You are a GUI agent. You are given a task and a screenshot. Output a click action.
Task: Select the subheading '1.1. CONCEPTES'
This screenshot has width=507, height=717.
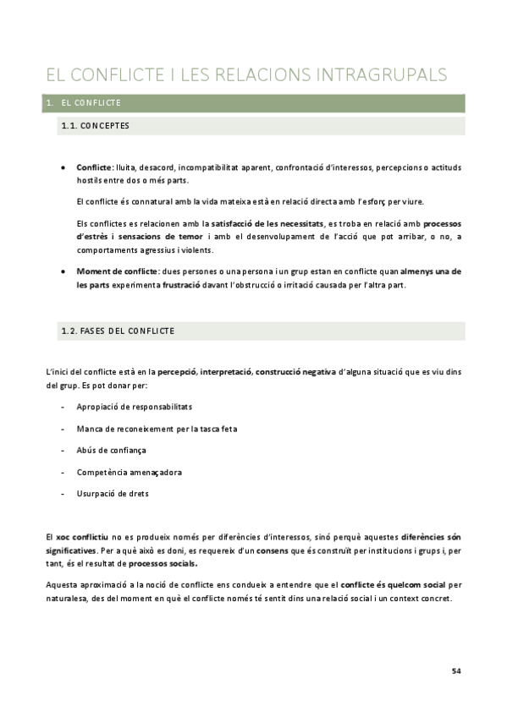point(94,127)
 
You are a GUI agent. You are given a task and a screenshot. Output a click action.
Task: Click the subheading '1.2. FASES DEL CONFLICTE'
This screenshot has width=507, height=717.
point(118,331)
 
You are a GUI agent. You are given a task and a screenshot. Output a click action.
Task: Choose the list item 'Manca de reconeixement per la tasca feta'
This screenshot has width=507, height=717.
point(157,428)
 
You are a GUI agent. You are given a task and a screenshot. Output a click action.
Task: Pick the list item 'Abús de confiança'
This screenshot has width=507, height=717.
point(111,450)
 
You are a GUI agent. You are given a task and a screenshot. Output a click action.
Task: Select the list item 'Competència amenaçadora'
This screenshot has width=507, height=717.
point(129,472)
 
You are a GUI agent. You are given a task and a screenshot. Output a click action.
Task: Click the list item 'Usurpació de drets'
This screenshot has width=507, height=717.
point(113,493)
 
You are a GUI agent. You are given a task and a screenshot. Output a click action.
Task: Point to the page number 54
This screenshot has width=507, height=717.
point(456,671)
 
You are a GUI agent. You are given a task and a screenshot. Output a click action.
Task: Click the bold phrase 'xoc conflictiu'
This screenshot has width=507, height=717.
point(85,538)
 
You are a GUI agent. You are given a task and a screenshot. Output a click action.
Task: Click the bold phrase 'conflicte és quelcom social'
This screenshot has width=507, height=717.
point(394,585)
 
